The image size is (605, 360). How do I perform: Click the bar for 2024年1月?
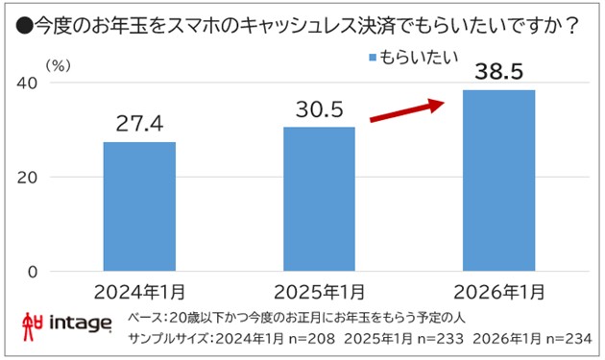click(139, 206)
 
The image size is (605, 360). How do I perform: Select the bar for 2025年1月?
click(320, 199)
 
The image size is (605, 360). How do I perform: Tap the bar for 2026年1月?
click(498, 180)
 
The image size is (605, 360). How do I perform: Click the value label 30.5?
click(320, 109)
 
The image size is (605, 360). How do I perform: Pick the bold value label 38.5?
click(498, 70)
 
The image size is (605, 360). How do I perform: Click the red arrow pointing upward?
click(409, 108)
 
